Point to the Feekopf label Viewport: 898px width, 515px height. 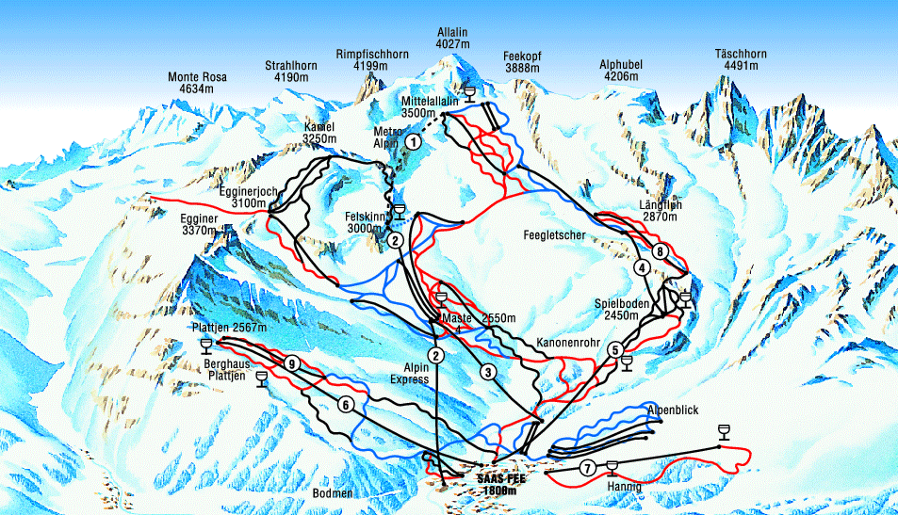(x=521, y=63)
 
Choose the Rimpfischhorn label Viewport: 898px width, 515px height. (x=371, y=60)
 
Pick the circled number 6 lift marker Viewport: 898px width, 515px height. (x=346, y=405)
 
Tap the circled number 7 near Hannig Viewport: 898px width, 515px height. (x=587, y=468)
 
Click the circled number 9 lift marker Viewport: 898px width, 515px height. (x=293, y=363)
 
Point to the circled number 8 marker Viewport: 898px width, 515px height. (x=661, y=251)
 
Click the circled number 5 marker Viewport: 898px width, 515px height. (x=614, y=349)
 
